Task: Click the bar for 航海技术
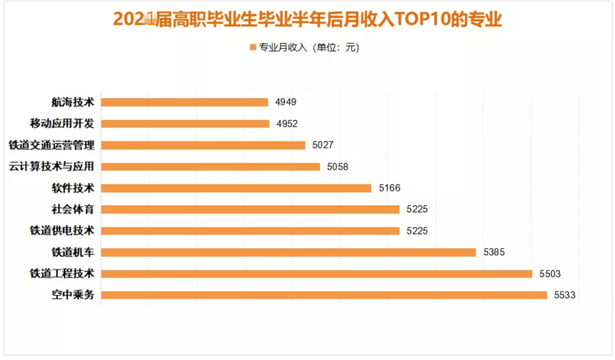click(185, 102)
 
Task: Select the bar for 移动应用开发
click(185, 124)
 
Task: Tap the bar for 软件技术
click(236, 188)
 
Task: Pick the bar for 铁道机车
click(289, 252)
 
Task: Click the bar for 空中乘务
click(324, 295)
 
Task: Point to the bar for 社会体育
click(250, 209)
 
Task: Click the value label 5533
click(565, 295)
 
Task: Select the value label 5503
click(550, 274)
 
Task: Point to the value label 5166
click(389, 188)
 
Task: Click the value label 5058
click(338, 167)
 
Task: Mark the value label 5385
click(494, 252)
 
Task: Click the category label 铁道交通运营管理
click(52, 145)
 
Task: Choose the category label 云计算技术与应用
click(52, 167)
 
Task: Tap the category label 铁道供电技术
click(62, 231)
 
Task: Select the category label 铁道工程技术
click(62, 274)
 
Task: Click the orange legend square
click(252, 47)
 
